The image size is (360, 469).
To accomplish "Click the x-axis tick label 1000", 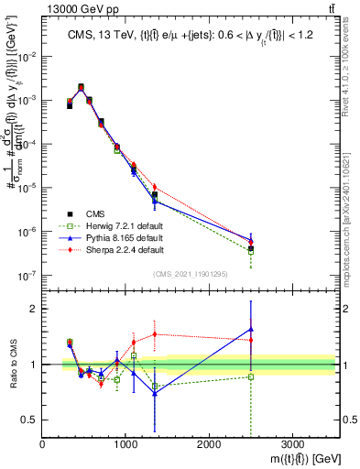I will pos(125,444).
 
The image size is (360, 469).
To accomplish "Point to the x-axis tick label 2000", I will pos(209,444).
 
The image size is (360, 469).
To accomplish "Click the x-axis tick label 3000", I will pos(292,444).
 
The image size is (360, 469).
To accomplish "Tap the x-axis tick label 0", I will pos(43,444).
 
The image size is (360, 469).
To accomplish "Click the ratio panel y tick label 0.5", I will pos(28,420).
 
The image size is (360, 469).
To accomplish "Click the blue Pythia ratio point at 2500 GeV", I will pos(251,329).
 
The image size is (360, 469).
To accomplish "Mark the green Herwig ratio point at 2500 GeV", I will pos(251,376).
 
